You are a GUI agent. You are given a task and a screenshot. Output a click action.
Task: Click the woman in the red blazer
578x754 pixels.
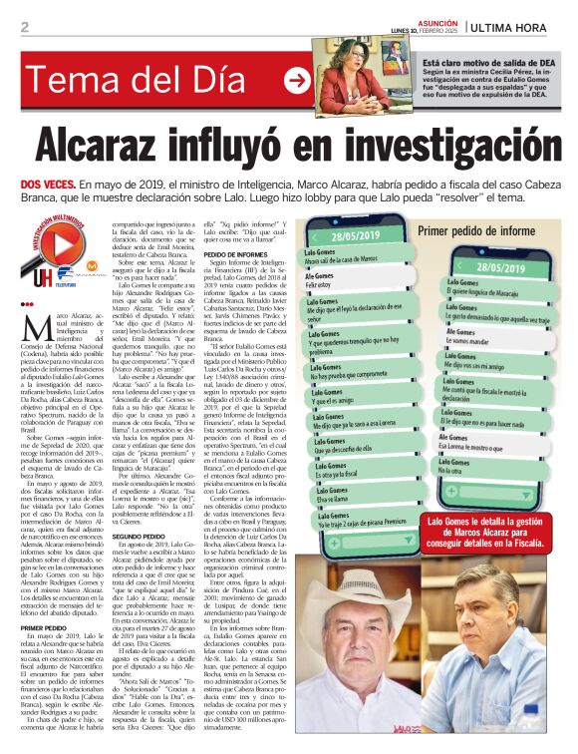pyautogui.click(x=358, y=76)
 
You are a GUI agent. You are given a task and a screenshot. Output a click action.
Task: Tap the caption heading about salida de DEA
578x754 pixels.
pyautogui.click(x=476, y=62)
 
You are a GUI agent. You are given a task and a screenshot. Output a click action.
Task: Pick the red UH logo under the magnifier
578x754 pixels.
pyautogui.click(x=41, y=276)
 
